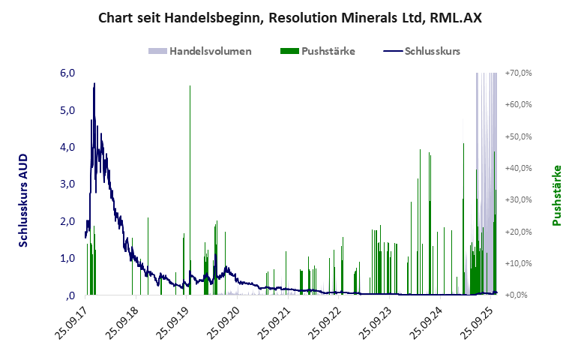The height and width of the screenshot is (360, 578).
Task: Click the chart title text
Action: (x=289, y=17)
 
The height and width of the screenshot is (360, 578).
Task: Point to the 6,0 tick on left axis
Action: (x=67, y=73)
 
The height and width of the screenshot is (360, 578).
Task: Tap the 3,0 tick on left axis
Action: (x=67, y=184)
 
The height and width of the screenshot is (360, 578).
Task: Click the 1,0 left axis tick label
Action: (x=67, y=258)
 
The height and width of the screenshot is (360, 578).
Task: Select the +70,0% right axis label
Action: (x=518, y=73)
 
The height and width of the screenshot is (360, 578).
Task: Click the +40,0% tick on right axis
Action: (x=518, y=168)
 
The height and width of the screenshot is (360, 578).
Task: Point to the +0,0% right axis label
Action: (x=520, y=295)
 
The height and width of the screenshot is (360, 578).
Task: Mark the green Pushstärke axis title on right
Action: (x=557, y=195)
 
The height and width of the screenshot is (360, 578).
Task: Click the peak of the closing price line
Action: (x=94, y=83)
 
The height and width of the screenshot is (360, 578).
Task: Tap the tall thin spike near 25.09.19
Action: (x=190, y=87)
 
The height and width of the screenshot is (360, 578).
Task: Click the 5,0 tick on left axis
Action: (x=67, y=110)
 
